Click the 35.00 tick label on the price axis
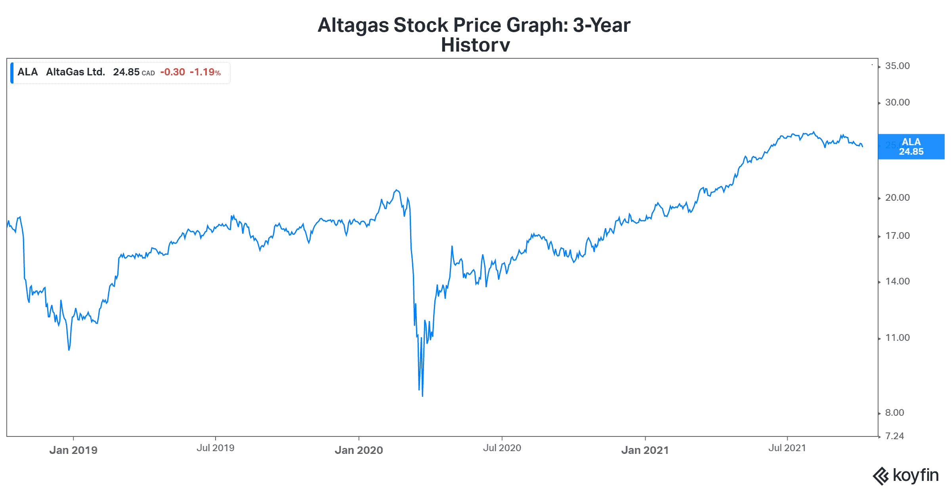point(897,66)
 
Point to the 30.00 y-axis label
point(897,102)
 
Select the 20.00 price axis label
point(897,198)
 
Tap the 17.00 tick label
point(897,236)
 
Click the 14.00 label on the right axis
point(897,281)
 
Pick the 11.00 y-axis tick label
point(897,338)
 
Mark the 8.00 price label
point(894,413)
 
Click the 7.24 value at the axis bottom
point(894,436)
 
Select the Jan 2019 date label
point(73,450)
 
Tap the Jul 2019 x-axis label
point(216,448)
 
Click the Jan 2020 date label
point(359,450)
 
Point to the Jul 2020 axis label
point(502,448)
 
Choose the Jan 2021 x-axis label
point(645,450)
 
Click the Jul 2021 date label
point(787,448)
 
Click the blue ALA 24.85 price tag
point(911,147)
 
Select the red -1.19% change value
point(205,72)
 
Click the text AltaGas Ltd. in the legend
point(75,72)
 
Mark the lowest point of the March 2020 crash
point(422,396)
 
